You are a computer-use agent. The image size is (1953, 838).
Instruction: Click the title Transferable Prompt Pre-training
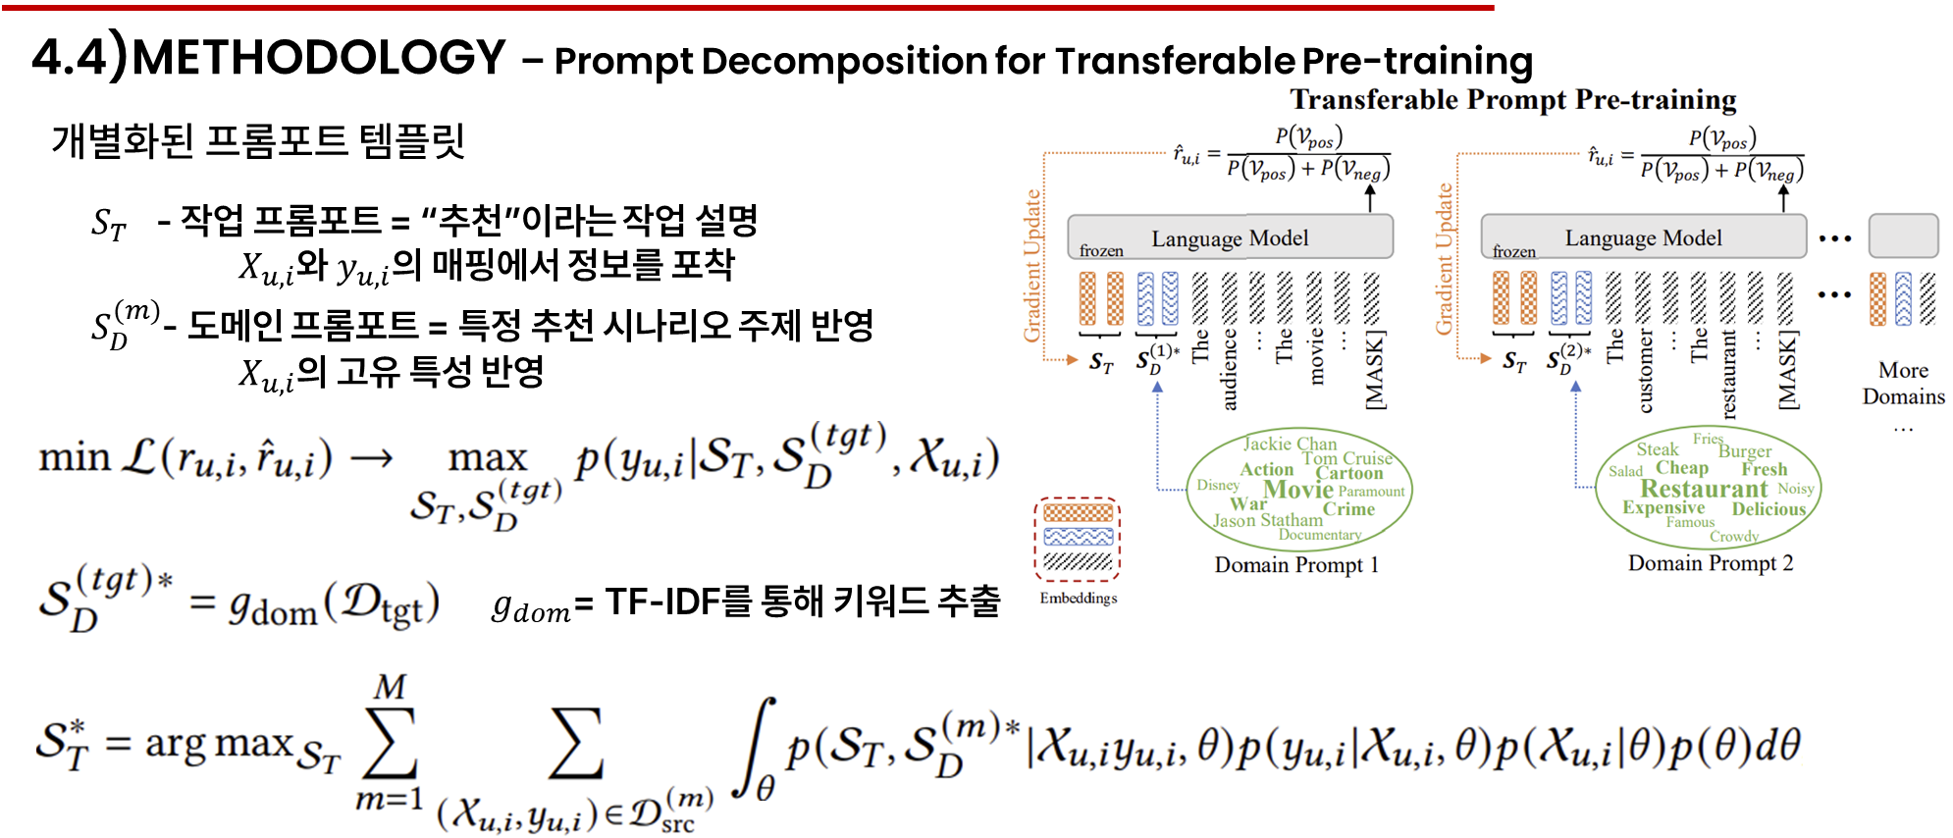(1512, 100)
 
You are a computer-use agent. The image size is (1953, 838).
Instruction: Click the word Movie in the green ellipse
(1297, 490)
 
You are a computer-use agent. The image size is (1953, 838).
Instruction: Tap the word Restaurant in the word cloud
(1703, 489)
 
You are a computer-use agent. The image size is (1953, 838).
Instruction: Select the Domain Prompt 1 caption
(1296, 565)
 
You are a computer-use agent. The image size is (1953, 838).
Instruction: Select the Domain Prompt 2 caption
(1710, 563)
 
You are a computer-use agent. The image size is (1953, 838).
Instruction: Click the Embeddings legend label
(1078, 598)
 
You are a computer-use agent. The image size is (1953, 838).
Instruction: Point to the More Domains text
(1903, 384)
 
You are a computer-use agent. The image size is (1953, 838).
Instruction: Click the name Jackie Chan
(1290, 444)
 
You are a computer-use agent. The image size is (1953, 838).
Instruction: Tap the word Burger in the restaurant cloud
(1745, 451)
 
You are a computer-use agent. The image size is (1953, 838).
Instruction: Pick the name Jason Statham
(1267, 520)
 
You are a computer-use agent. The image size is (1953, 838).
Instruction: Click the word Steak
(1657, 449)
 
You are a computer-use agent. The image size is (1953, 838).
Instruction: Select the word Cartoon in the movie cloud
(1348, 473)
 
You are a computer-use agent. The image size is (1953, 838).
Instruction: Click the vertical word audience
(1230, 369)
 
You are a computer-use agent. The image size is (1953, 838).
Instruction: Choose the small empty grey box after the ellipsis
(1902, 236)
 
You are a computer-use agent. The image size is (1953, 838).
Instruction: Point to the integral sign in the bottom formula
(758, 747)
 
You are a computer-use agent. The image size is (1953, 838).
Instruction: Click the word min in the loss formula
(74, 458)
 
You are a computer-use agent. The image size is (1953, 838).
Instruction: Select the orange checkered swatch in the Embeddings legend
(1078, 512)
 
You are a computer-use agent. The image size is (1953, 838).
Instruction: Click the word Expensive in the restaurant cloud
(1663, 507)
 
